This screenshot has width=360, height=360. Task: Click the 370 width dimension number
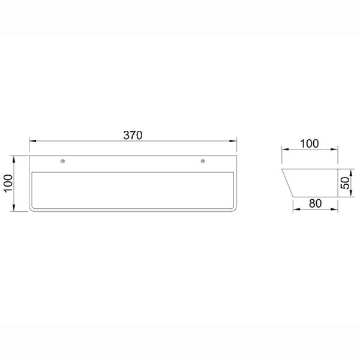tap(133, 135)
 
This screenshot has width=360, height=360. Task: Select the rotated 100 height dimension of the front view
tap(8, 183)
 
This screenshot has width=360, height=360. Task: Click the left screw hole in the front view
tap(63, 161)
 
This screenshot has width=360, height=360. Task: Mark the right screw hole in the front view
tap(203, 161)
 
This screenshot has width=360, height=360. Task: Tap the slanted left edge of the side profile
tap(287, 184)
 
